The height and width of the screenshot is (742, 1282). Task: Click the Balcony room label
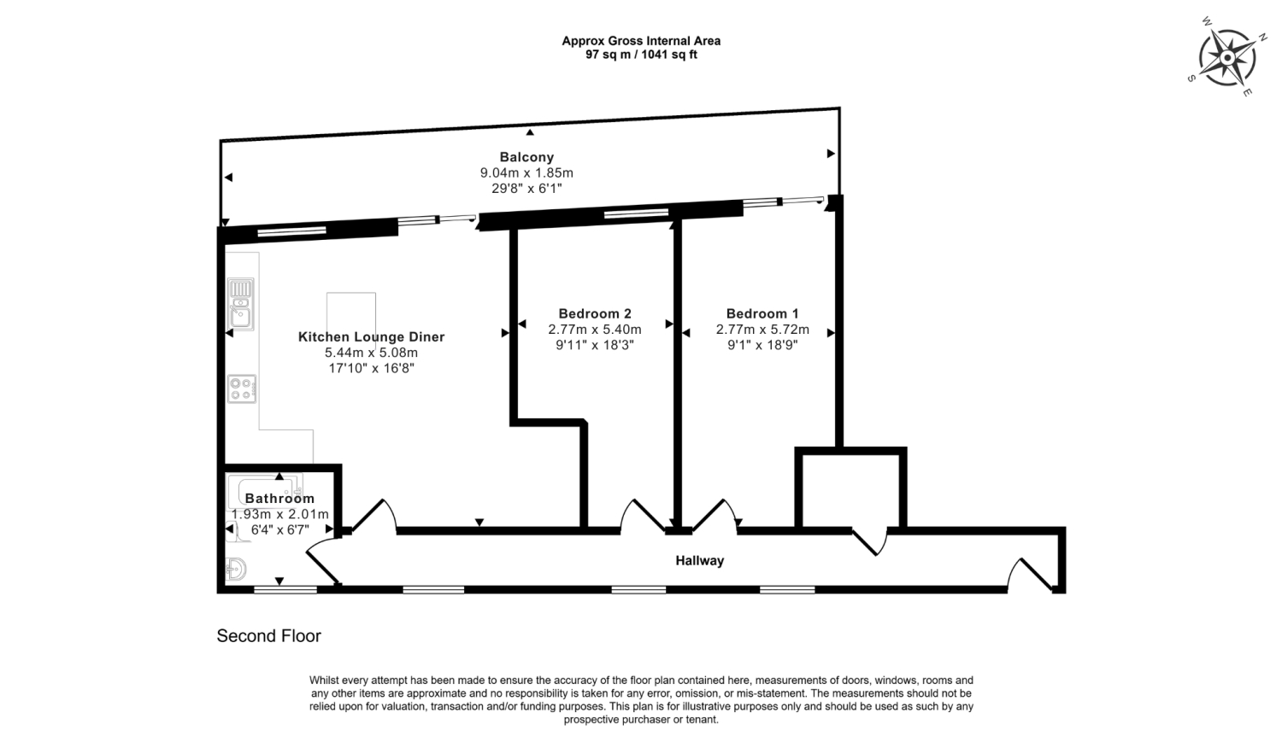coord(526,157)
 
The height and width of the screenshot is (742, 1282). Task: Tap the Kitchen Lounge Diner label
coord(372,336)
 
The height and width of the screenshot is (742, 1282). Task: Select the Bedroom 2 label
coord(595,313)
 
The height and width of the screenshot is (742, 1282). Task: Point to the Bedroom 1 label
coord(762,313)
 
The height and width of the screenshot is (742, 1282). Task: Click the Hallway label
coord(699,561)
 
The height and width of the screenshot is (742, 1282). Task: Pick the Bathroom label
coord(279,499)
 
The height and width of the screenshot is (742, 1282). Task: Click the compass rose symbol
coord(1227,57)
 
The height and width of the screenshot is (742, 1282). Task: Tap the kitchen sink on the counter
coord(241,304)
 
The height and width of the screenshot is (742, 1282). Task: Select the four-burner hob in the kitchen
coord(242,389)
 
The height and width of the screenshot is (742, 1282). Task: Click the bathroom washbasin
coord(236,569)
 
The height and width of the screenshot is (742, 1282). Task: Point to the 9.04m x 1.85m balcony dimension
coord(526,172)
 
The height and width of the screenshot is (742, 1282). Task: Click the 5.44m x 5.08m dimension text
coord(372,352)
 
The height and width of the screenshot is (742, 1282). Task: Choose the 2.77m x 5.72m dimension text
coord(762,330)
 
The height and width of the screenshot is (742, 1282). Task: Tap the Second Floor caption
coord(269,635)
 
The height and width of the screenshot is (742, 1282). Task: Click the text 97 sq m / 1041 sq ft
coord(641,55)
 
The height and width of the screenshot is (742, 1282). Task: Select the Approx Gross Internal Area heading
coord(641,41)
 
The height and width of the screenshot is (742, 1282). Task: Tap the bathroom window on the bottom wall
coord(285,589)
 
